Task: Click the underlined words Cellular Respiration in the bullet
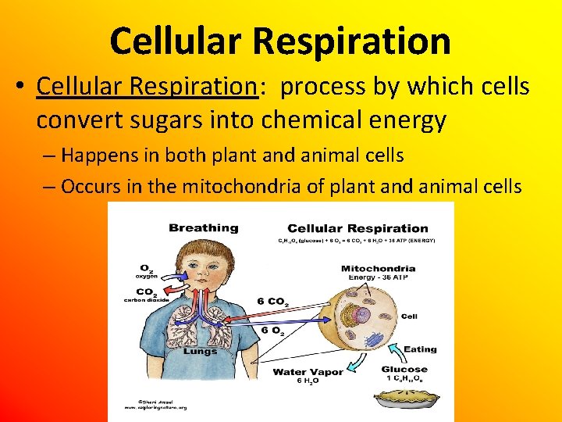pos(147,88)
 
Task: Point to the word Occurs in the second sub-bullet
pos(90,186)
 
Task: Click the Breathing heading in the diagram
pos(203,228)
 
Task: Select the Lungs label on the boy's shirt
pos(200,351)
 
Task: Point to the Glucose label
pos(404,369)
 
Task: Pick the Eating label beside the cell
pos(420,349)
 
